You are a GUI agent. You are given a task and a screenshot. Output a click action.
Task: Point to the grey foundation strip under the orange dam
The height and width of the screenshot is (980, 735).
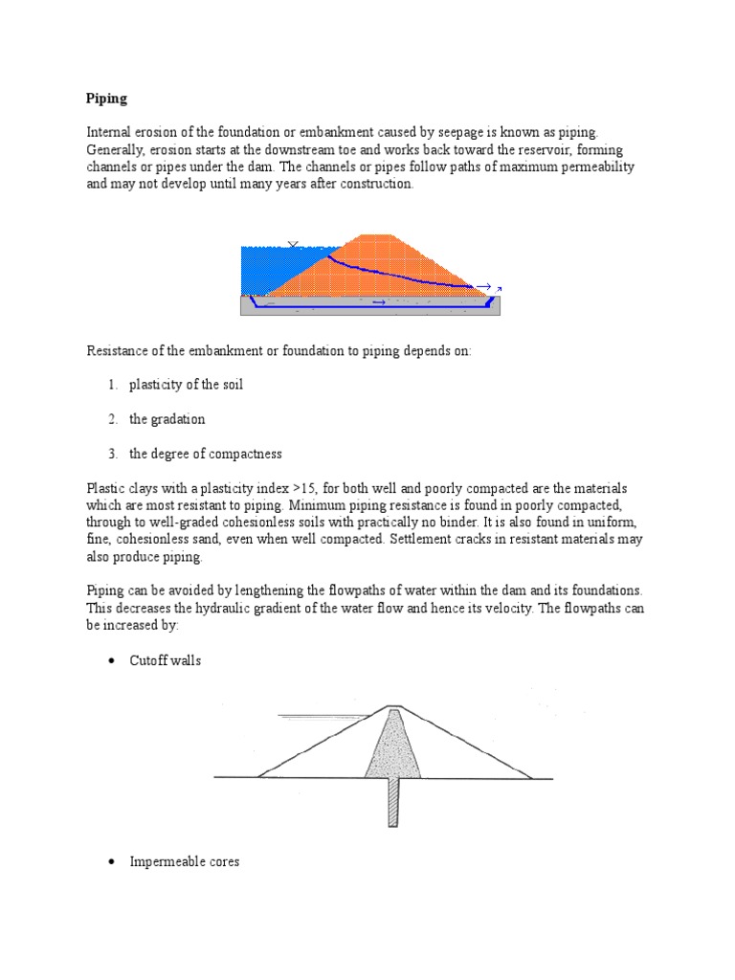point(316,305)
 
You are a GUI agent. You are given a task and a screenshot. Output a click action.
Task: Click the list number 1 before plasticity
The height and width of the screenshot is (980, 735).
point(111,385)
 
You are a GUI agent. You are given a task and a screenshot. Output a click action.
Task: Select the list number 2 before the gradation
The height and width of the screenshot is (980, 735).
point(111,419)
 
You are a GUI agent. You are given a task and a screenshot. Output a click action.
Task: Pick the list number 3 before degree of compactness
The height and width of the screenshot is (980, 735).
point(111,454)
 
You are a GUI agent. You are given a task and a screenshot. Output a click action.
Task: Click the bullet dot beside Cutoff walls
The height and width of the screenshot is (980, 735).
point(111,661)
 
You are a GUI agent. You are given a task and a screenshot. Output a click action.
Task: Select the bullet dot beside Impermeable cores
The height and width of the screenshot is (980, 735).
point(111,862)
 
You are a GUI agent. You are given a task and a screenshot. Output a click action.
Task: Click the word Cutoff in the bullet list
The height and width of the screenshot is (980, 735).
point(148,661)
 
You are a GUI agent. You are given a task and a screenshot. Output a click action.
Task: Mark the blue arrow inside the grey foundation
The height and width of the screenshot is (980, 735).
point(378,302)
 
